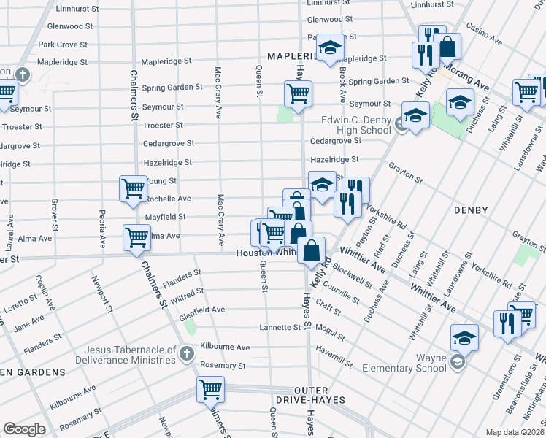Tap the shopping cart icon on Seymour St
(x=298, y=94)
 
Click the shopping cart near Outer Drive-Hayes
(x=210, y=389)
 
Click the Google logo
(x=24, y=429)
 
